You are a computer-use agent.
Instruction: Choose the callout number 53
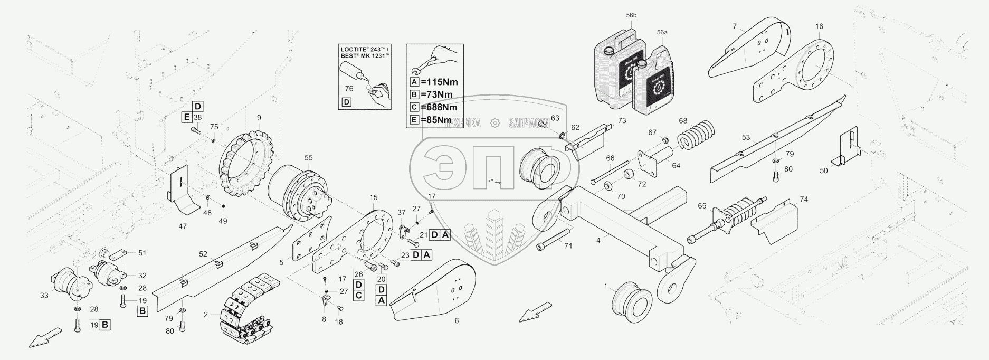click(x=745, y=138)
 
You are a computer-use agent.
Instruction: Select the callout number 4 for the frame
click(x=597, y=240)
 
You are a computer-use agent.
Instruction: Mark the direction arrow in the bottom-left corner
click(x=44, y=336)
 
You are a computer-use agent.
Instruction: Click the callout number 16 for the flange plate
click(x=819, y=26)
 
